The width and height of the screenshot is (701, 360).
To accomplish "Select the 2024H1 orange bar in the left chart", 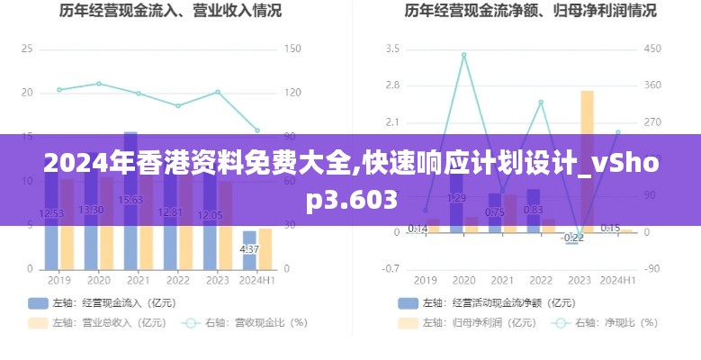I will click(265, 248).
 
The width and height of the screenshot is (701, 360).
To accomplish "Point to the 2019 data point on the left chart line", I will click(59, 89).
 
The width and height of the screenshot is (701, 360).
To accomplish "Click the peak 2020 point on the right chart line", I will click(463, 55).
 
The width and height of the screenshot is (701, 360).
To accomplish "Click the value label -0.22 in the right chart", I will click(573, 238).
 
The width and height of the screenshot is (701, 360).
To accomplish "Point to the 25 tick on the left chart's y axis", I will click(27, 49).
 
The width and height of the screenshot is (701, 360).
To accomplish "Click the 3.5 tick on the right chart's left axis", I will click(392, 49).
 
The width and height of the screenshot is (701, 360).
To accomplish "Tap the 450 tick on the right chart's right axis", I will click(652, 49).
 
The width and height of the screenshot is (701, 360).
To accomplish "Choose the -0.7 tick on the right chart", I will click(391, 269).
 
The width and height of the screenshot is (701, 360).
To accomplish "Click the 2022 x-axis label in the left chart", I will click(177, 281).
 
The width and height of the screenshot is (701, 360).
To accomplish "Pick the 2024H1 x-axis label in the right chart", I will click(618, 281).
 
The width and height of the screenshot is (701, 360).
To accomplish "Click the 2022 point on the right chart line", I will click(541, 102).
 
